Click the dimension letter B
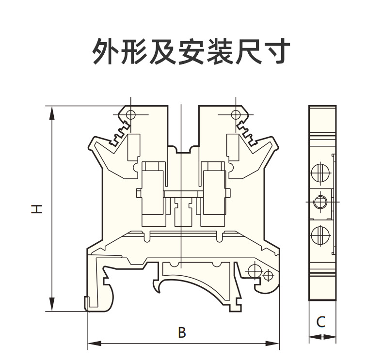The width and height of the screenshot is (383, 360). (182, 332)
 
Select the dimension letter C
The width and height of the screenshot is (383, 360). (321, 322)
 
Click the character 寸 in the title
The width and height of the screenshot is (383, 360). (276, 51)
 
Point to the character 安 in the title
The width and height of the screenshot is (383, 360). (191, 51)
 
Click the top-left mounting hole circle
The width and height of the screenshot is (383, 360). (131, 114)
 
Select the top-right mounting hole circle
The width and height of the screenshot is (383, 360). (236, 114)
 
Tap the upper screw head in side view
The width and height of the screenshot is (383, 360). (321, 172)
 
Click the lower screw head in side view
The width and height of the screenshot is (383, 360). (321, 236)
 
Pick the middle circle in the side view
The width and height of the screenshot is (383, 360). (320, 202)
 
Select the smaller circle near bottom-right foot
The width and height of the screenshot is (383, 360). (268, 275)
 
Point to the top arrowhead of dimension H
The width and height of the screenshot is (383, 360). (52, 113)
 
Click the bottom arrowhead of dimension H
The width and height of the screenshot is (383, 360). (52, 304)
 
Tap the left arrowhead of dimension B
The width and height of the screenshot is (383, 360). (95, 344)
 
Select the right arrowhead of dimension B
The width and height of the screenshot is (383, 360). (272, 344)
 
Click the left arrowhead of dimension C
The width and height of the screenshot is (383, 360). (315, 337)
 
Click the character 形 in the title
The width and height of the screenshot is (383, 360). (135, 51)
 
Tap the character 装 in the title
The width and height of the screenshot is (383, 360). (220, 51)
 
